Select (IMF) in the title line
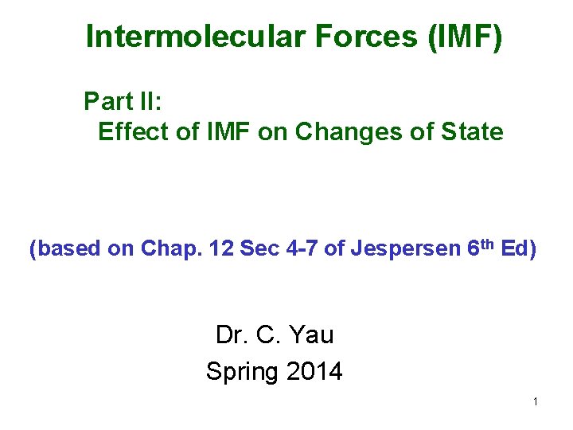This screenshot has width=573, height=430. [x=465, y=37]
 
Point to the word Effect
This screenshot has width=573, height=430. [x=132, y=131]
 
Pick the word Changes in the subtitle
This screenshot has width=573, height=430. [x=345, y=131]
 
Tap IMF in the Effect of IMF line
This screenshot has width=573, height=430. [x=216, y=131]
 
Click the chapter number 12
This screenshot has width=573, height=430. [x=218, y=249]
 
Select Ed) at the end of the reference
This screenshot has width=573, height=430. [x=518, y=249]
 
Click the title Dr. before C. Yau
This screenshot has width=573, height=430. [x=231, y=334]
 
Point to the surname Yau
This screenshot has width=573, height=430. [x=312, y=334]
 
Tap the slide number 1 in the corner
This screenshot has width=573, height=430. [x=536, y=401]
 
